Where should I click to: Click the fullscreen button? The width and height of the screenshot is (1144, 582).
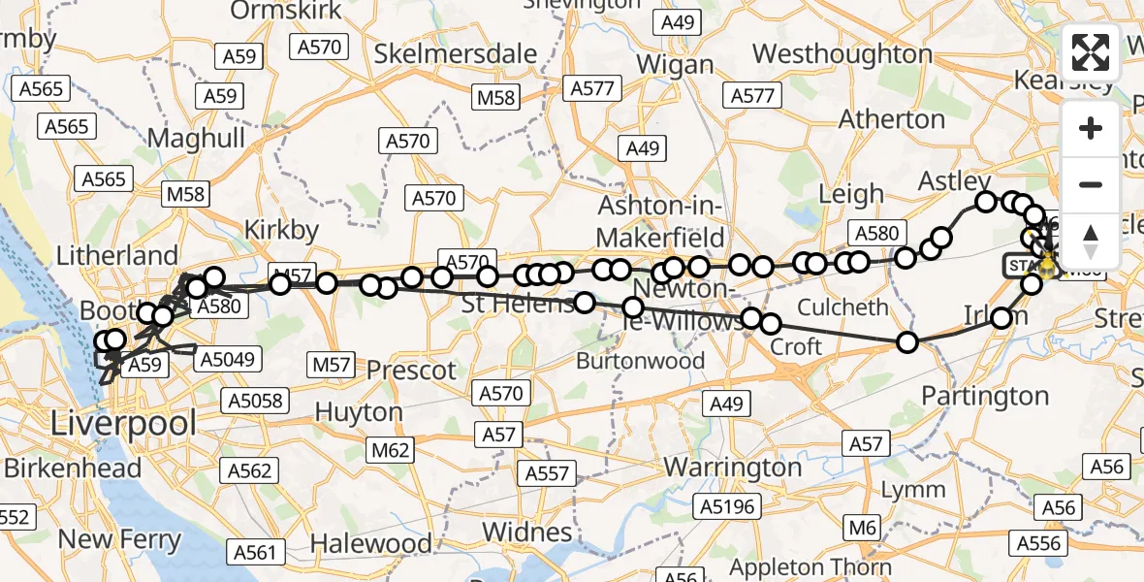click(1091, 53)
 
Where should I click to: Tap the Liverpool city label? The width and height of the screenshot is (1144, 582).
click(123, 423)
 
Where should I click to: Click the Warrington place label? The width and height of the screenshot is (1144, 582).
click(733, 467)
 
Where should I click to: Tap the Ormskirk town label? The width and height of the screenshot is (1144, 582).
click(274, 12)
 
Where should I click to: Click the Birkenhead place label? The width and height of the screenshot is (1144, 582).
click(73, 468)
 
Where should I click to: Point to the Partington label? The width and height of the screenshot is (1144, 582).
click(985, 396)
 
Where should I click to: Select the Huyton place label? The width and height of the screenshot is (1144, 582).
click(359, 412)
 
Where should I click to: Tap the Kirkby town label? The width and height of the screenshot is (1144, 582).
click(281, 230)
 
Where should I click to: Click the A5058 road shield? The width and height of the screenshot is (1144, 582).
click(252, 400)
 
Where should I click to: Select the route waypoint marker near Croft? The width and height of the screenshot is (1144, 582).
click(771, 324)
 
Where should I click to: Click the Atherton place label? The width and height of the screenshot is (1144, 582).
click(892, 119)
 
